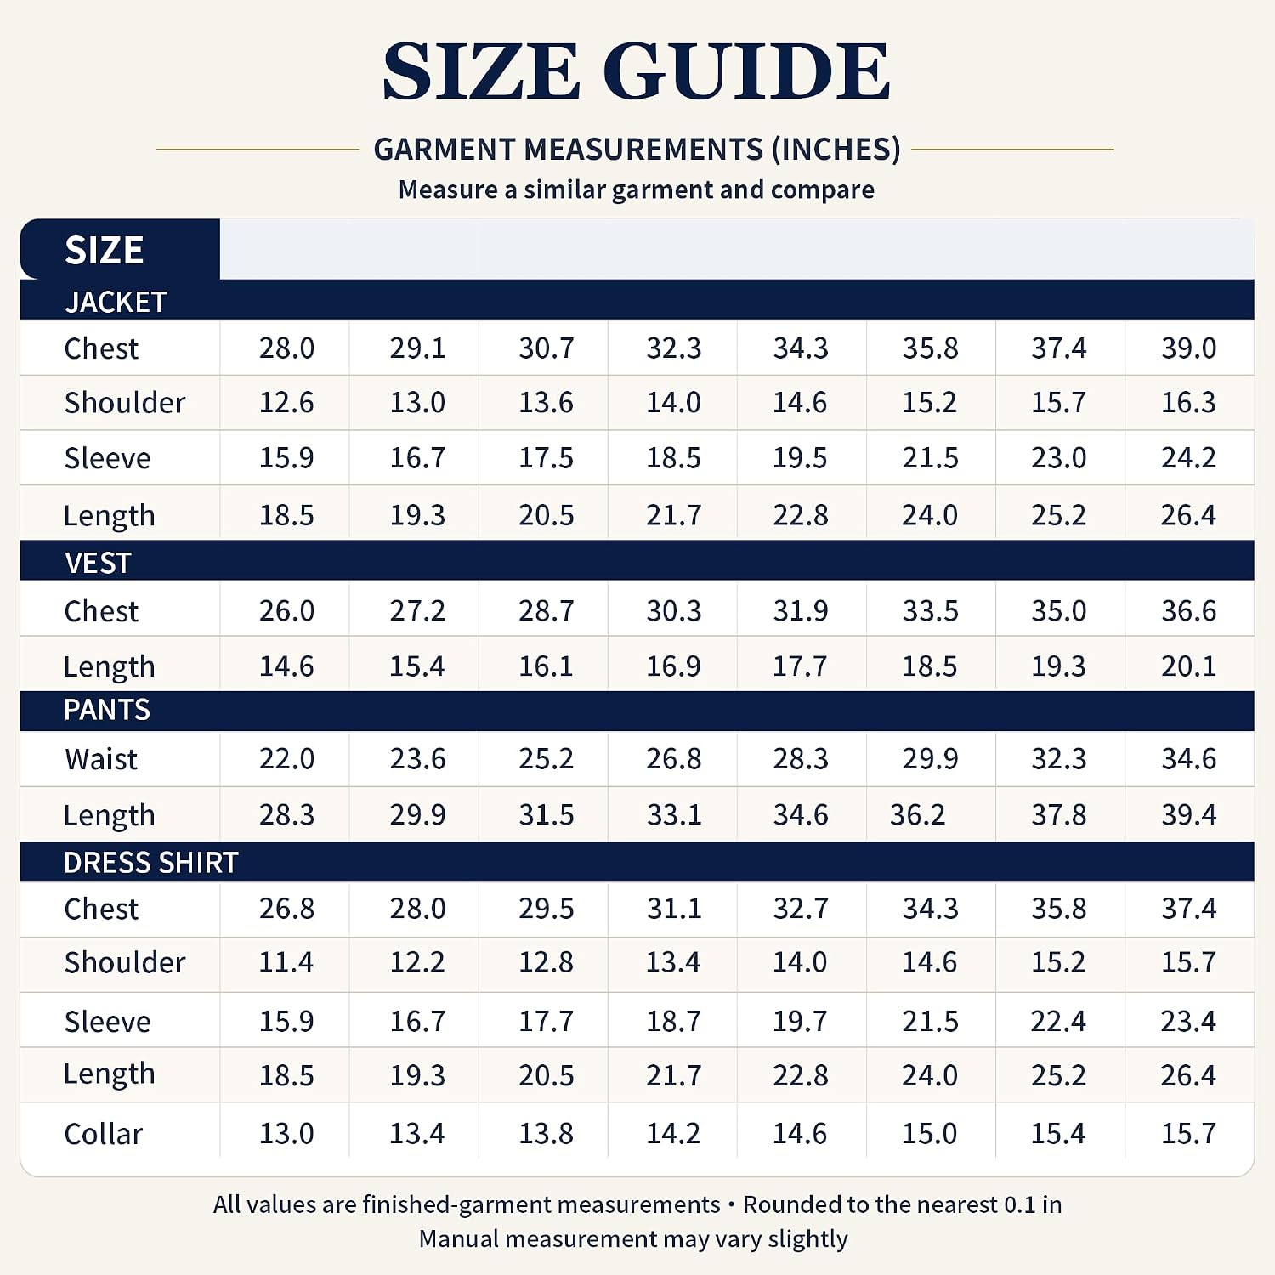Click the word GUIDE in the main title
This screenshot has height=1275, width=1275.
pos(747,71)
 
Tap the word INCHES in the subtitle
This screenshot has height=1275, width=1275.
pos(836,150)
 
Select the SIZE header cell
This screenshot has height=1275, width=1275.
pos(105,250)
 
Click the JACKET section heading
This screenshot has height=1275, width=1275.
pos(116,302)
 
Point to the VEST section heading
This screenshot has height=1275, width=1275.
pos(98,563)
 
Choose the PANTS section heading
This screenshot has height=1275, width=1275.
pos(107,710)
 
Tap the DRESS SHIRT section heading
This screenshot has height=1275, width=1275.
pos(151,863)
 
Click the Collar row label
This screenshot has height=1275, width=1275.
pos(104,1134)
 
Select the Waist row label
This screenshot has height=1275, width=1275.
pos(101,759)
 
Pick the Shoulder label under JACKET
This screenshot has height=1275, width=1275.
pos(125,403)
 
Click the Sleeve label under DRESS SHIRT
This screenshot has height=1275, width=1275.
pos(107,1022)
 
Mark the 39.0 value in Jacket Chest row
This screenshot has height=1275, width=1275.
pos(1189,348)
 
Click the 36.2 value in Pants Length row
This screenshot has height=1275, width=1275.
pos(917,814)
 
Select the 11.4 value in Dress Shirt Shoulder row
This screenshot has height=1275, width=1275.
pos(286,962)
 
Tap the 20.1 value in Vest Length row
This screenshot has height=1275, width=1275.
pos(1189,666)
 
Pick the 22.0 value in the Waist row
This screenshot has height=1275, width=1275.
pos(286,758)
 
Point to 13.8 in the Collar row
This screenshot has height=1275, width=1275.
pos(547,1133)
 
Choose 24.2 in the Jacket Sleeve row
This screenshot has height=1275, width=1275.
pos(1189,457)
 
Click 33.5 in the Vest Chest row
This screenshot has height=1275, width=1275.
pos(931,610)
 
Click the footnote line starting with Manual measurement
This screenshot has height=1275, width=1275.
pos(633,1239)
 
